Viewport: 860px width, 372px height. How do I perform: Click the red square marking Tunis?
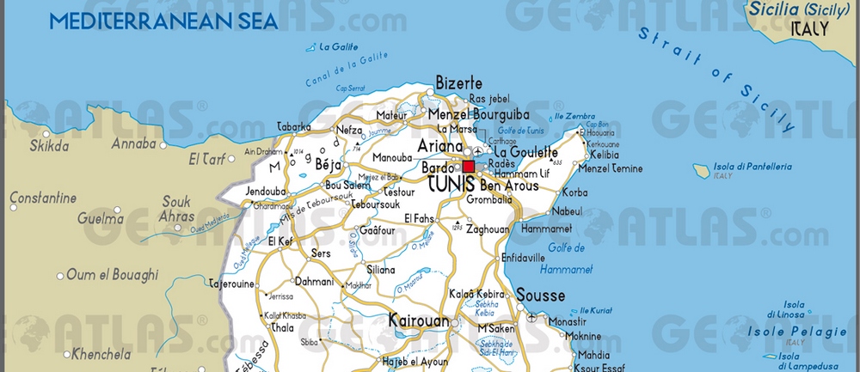pyautogui.click(x=469, y=167)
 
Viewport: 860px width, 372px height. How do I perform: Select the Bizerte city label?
pyautogui.click(x=458, y=83)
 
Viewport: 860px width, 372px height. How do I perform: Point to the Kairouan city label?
pyautogui.click(x=419, y=320)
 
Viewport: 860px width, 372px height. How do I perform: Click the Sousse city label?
pyautogui.click(x=540, y=296)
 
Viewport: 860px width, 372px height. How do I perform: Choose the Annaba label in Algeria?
pyautogui.click(x=133, y=143)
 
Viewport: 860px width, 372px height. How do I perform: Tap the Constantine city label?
pyautogui.click(x=43, y=198)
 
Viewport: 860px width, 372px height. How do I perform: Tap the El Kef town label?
pyautogui.click(x=281, y=241)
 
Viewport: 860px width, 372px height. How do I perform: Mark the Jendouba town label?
pyautogui.click(x=266, y=191)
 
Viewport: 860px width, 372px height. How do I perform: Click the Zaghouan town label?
pyautogui.click(x=488, y=229)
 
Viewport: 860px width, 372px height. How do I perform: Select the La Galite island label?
pyautogui.click(x=337, y=47)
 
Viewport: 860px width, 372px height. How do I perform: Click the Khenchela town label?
pyautogui.click(x=101, y=353)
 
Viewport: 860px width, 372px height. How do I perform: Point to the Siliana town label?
pyautogui.click(x=380, y=269)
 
